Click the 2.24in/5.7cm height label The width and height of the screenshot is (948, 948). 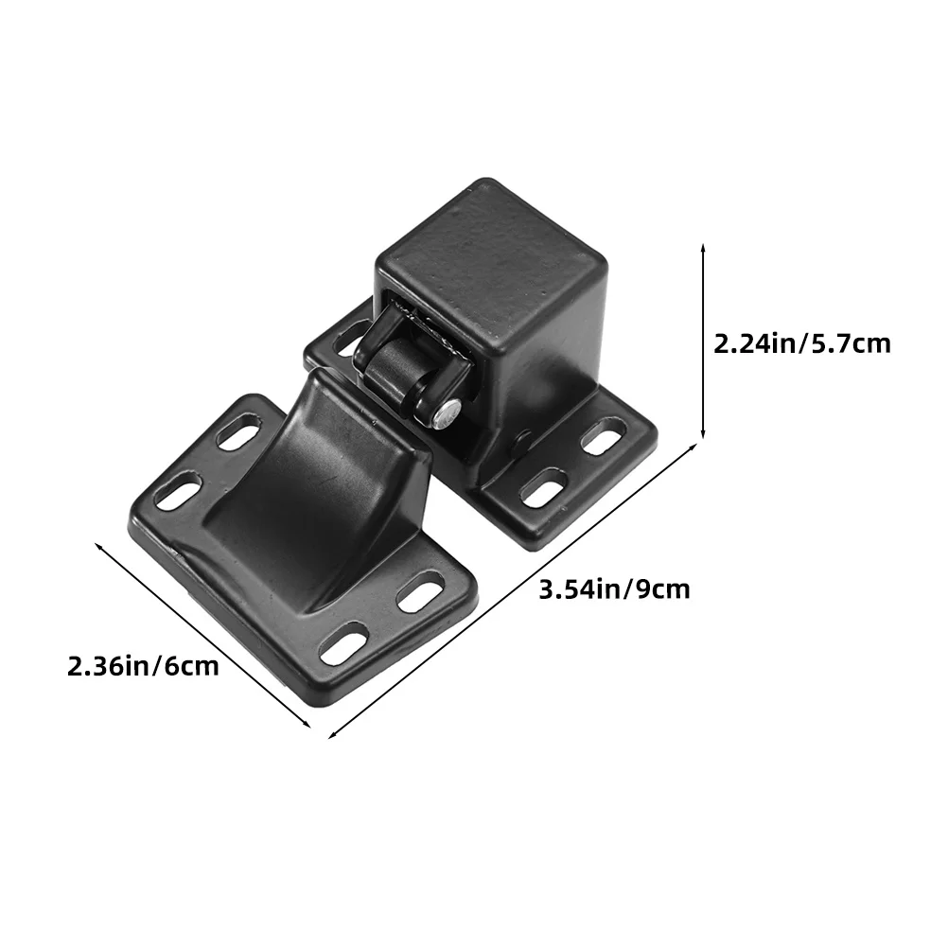(x=801, y=344)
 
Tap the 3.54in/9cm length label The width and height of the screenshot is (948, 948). (x=614, y=589)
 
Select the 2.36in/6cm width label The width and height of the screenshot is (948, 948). (x=143, y=667)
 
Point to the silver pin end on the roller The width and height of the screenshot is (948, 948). (x=447, y=414)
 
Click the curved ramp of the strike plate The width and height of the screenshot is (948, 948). (x=314, y=483)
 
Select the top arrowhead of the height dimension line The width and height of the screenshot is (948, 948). (x=703, y=248)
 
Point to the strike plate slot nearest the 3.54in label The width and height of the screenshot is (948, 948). (x=420, y=590)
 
